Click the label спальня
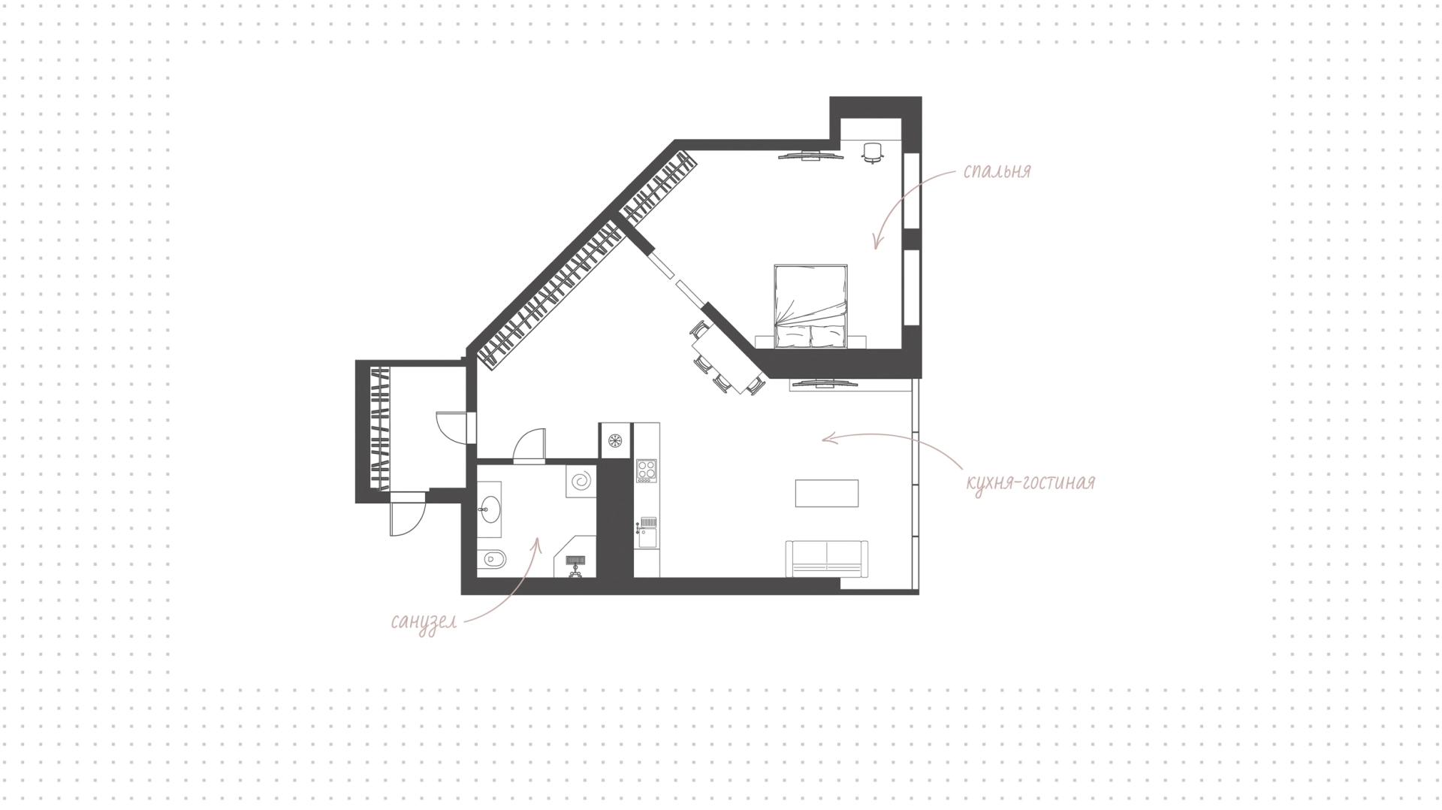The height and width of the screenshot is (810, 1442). click(997, 171)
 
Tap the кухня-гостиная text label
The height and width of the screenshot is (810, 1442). click(1030, 482)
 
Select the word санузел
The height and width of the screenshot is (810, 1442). click(424, 622)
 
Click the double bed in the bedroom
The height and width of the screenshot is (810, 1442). click(810, 306)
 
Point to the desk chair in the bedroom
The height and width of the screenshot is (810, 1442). click(873, 153)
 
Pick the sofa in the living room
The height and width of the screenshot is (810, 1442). click(827, 558)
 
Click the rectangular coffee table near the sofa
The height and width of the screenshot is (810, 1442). click(826, 494)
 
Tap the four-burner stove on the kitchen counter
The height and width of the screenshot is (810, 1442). click(647, 471)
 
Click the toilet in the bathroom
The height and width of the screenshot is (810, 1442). click(493, 558)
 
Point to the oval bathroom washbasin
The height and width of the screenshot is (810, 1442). click(490, 509)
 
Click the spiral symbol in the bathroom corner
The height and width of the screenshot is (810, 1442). click(581, 482)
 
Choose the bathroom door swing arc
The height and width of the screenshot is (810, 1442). click(529, 443)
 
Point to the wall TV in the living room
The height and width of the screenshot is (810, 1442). click(824, 383)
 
